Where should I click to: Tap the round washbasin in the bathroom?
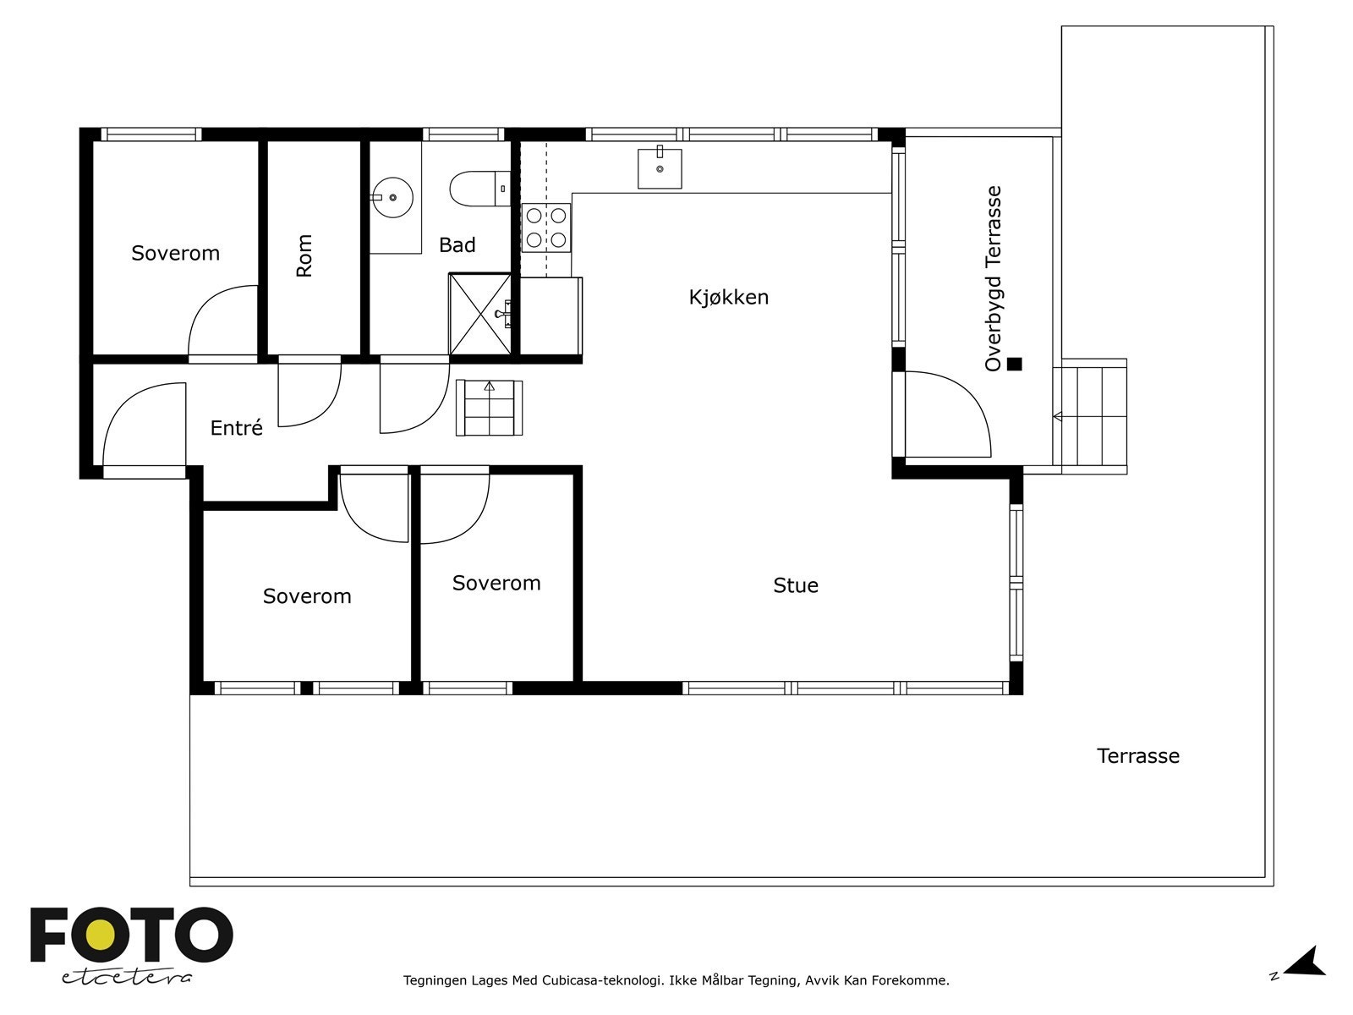[392, 197]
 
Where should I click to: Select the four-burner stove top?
[546, 228]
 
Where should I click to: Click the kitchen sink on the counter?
[660, 167]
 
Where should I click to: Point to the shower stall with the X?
[480, 314]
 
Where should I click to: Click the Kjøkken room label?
[729, 298]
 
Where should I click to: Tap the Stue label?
[796, 585]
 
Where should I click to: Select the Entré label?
[237, 428]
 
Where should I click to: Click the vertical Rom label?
[304, 255]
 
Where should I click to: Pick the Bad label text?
[457, 245]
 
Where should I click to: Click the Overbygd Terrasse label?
[993, 278]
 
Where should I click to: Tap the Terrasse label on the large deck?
[1138, 756]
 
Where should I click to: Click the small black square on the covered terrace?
[1014, 365]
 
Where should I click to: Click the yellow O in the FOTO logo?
[99, 935]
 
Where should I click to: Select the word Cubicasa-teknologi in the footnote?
[601, 980]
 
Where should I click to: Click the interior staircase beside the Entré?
[490, 408]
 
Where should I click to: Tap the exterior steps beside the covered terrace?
[1090, 417]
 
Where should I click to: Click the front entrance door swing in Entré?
[145, 425]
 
